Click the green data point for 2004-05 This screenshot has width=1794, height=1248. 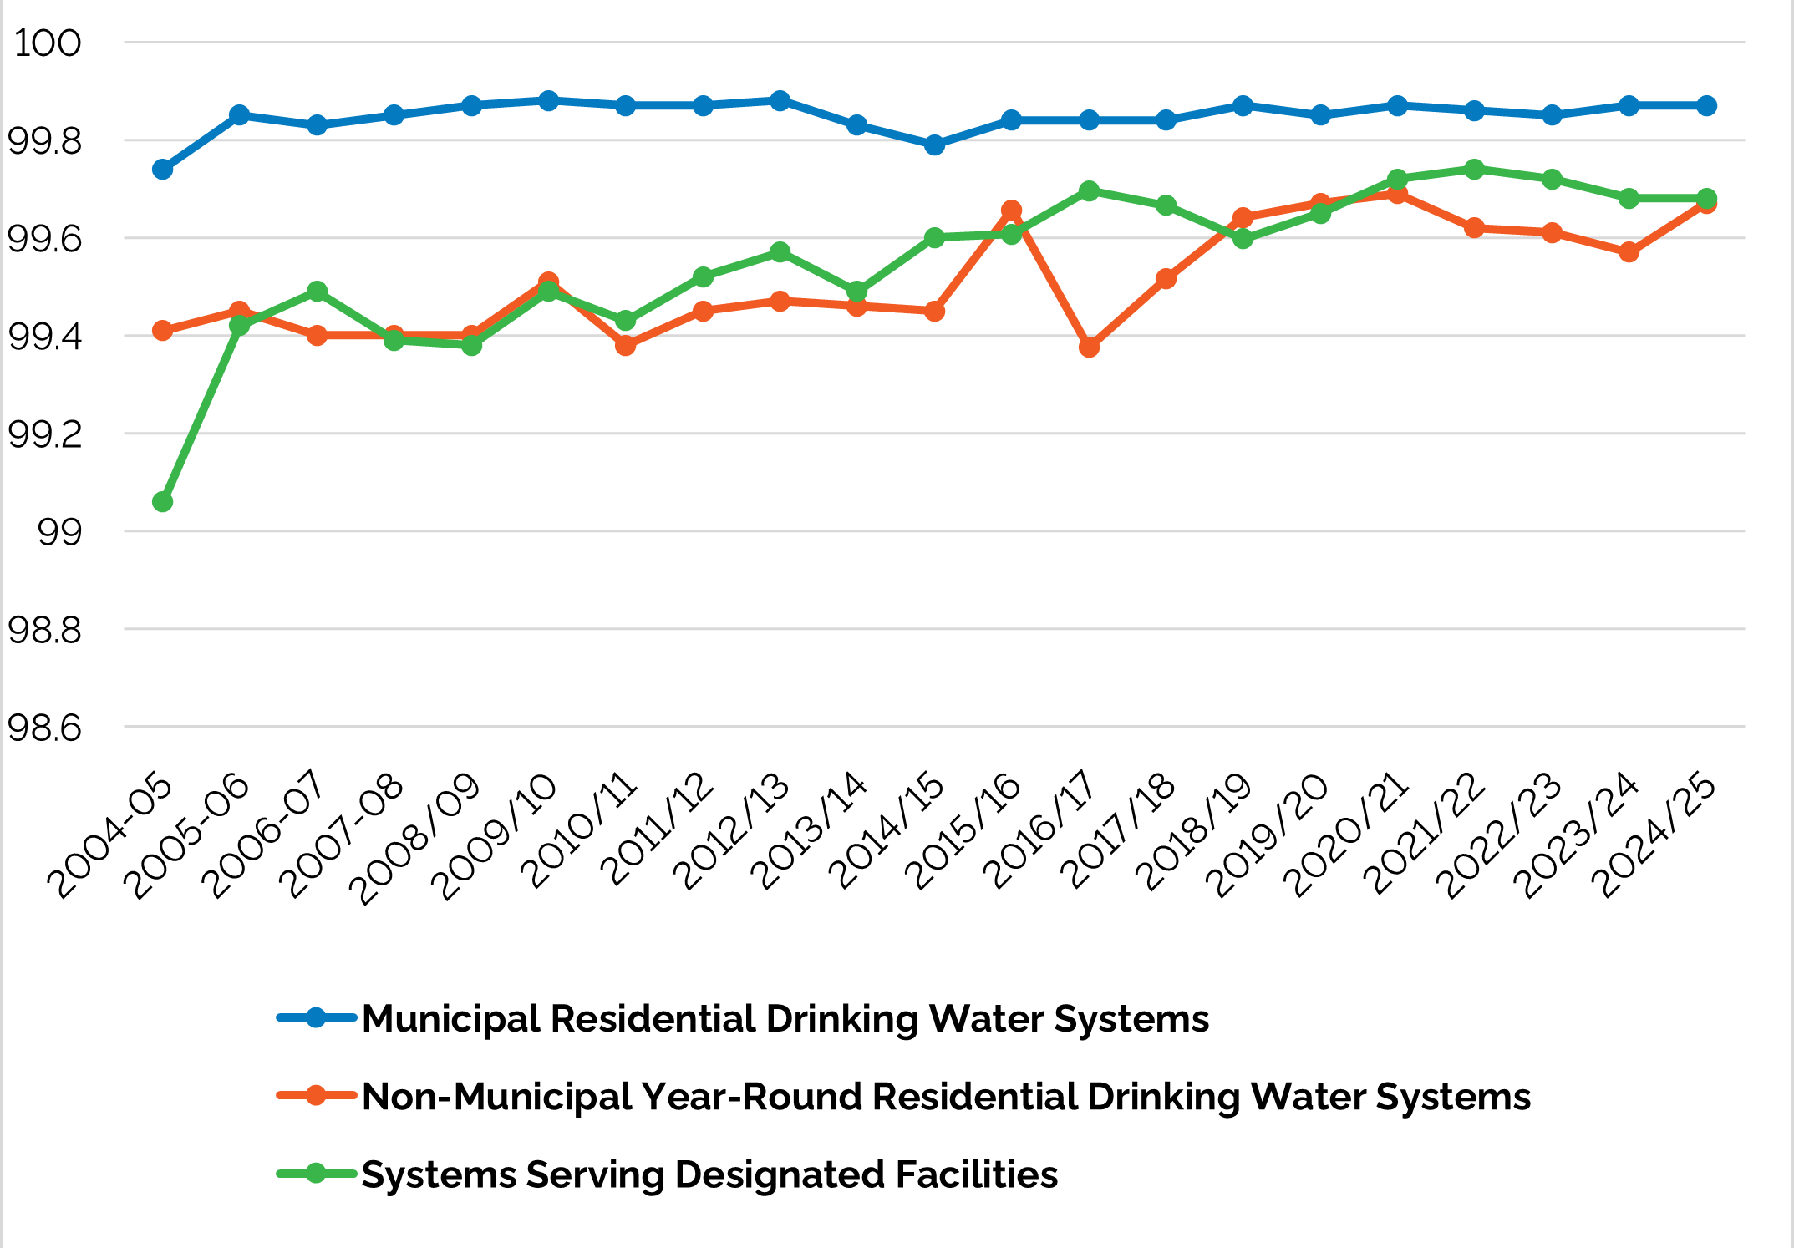click(162, 501)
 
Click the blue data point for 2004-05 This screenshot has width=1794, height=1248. click(162, 170)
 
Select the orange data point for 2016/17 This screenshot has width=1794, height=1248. click(1089, 347)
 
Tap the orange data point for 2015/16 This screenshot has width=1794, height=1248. click(1011, 210)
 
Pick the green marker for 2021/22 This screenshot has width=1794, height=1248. click(1475, 170)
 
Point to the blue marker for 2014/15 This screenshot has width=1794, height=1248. click(934, 145)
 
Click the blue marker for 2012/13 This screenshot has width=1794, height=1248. click(780, 101)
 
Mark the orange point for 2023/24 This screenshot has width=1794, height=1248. click(1629, 252)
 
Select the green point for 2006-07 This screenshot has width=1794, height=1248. click(317, 292)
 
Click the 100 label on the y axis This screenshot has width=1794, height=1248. click(48, 43)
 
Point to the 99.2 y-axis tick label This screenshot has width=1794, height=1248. click(45, 434)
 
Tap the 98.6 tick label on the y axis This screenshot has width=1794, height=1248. click(45, 728)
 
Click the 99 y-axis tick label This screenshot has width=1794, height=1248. click(60, 532)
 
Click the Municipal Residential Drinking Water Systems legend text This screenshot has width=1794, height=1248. click(785, 1018)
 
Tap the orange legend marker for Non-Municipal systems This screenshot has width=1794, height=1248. click(316, 1096)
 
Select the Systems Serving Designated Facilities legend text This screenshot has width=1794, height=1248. click(709, 1174)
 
